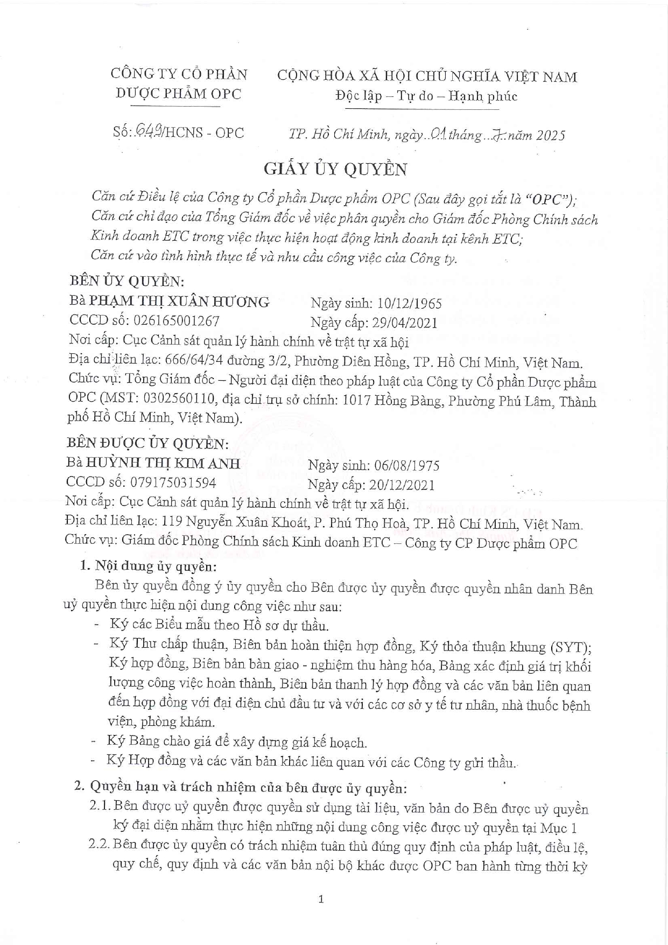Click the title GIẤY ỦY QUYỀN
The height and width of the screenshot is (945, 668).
335,169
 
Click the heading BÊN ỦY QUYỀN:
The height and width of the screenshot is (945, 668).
127,282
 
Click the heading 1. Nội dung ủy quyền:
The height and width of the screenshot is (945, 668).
148,566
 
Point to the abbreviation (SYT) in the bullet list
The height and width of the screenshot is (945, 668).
571,647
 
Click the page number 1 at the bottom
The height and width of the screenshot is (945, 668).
321,899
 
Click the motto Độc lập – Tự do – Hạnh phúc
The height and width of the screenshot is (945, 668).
426,96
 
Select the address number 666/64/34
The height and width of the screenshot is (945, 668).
193,361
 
